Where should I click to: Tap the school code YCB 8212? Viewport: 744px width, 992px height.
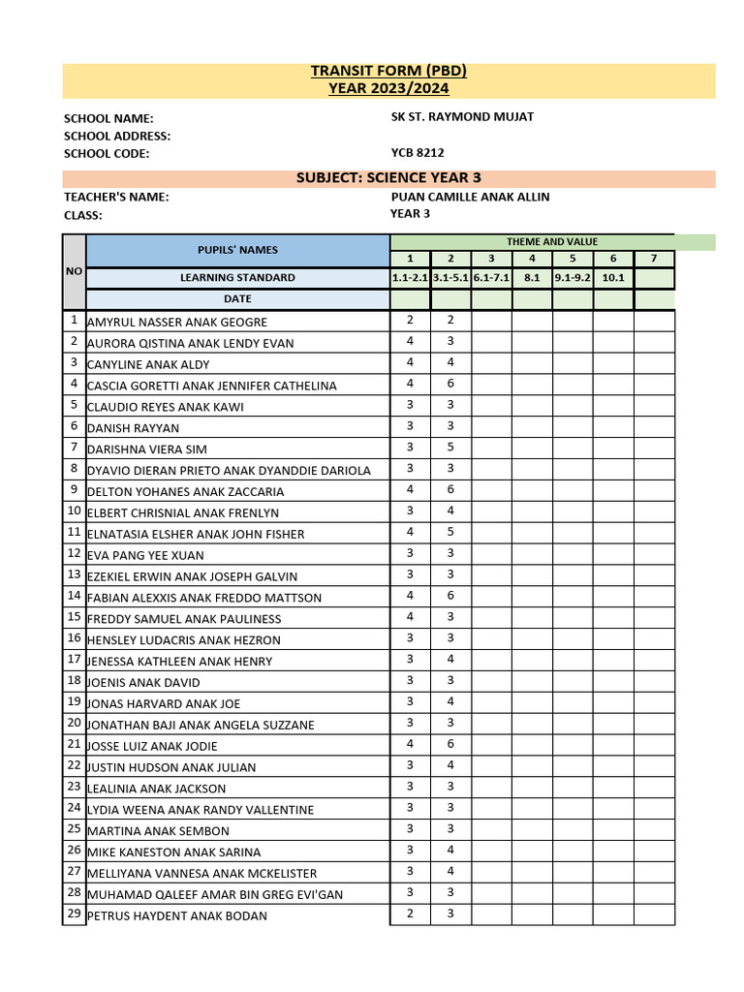(418, 153)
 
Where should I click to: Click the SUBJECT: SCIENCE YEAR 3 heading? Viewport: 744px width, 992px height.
(388, 178)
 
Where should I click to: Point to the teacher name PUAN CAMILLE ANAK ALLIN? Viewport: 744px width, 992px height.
(470, 197)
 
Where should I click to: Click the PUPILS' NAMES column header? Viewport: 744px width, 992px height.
(237, 250)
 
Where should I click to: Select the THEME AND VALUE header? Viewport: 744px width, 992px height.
(552, 241)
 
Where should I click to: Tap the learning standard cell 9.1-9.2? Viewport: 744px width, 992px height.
(573, 278)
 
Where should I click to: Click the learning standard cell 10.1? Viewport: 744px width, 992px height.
(613, 278)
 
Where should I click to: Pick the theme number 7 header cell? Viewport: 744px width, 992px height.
(654, 259)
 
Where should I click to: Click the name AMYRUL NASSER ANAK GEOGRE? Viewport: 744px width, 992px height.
(177, 322)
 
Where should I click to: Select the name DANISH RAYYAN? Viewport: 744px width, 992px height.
(133, 428)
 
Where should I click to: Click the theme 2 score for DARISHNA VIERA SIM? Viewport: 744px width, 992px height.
(450, 448)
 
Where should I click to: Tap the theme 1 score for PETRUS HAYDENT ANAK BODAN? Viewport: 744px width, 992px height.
(410, 914)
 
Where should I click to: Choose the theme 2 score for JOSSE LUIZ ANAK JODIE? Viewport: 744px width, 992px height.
(450, 745)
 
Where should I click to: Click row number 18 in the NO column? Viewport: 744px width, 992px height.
(74, 681)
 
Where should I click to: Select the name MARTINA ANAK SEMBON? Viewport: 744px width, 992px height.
(158, 831)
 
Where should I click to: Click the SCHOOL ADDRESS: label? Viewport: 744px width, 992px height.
(117, 136)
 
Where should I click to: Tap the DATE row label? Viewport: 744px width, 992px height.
(237, 299)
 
